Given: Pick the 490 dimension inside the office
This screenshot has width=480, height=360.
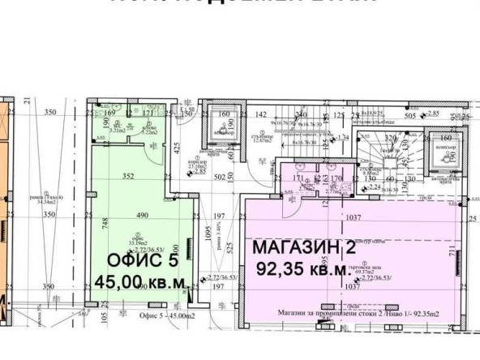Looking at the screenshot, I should (144, 215).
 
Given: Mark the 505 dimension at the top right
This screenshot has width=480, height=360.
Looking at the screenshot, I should (411, 116).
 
